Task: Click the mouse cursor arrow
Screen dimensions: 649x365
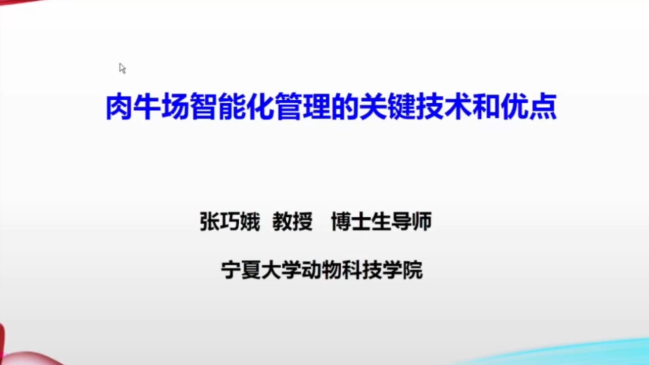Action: (x=122, y=68)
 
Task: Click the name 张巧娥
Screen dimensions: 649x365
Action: (x=230, y=222)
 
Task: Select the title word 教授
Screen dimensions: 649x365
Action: (x=293, y=222)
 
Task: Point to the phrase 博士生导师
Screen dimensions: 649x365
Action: (x=382, y=222)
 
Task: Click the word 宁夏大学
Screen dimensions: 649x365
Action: (x=261, y=270)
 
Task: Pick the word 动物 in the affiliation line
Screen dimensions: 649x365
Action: (x=321, y=270)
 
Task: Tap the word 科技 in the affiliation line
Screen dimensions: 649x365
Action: (x=362, y=270)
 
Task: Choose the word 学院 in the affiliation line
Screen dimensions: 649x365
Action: (x=402, y=270)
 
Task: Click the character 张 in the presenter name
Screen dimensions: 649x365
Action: (x=210, y=222)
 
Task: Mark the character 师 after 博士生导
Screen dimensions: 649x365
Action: (x=422, y=222)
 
